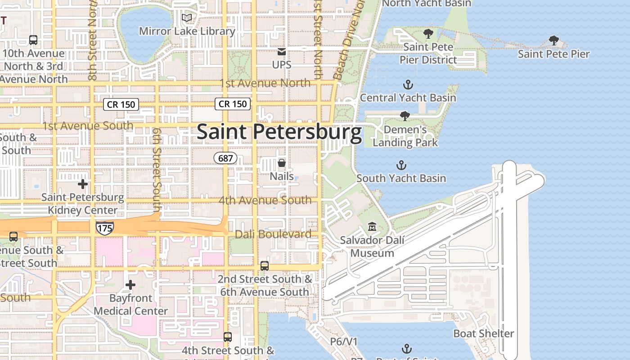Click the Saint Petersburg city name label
(x=279, y=132)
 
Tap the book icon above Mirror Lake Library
(x=187, y=18)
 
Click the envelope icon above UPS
(x=282, y=52)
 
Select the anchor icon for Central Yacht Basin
(x=408, y=85)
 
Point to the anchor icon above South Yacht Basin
(x=400, y=165)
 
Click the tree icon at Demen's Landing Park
(x=405, y=116)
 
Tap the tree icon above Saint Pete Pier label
(x=554, y=41)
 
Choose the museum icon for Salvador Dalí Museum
(x=372, y=227)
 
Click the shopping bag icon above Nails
(x=282, y=163)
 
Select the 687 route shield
(x=225, y=158)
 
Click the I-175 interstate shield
(x=104, y=228)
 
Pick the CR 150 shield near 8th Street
(x=121, y=104)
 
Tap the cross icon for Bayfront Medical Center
(x=130, y=285)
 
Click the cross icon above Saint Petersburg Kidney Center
(x=83, y=184)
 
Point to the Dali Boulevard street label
(x=273, y=234)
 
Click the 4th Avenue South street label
(x=265, y=200)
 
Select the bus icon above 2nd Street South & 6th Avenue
(x=265, y=266)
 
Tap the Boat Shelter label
(x=483, y=333)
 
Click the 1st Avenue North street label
(x=265, y=83)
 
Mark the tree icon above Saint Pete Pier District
(x=428, y=34)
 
